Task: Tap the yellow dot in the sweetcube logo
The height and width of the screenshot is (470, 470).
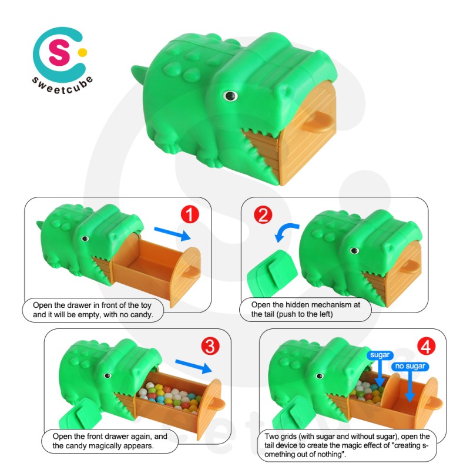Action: [83, 52]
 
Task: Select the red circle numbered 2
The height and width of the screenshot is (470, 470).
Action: [262, 216]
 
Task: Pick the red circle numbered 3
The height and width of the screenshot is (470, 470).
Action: [209, 347]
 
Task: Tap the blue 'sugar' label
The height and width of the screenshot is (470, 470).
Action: [379, 355]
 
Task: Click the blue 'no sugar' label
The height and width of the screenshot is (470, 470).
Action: [409, 367]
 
